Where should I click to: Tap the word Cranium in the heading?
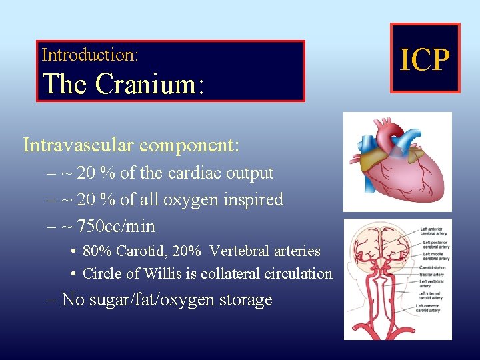(x=146, y=84)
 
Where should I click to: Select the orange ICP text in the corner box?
(x=425, y=59)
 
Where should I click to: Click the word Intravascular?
(x=74, y=145)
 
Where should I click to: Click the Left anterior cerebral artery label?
(x=435, y=232)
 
